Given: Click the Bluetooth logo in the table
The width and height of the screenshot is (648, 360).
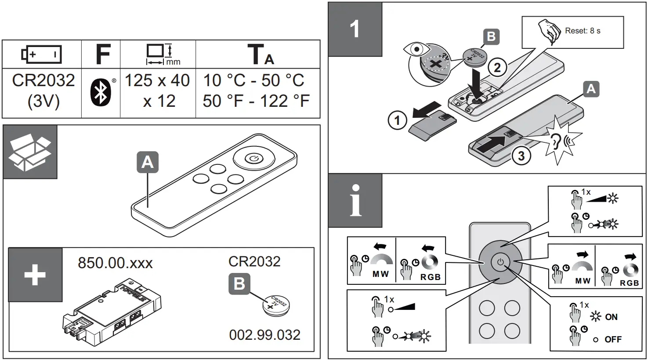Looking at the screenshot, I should [x=101, y=93].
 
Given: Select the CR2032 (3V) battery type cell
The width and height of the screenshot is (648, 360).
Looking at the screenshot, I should [x=43, y=91].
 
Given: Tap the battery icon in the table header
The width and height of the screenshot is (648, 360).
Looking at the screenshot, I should [x=42, y=55].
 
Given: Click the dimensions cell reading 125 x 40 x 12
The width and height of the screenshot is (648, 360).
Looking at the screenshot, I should [x=158, y=91].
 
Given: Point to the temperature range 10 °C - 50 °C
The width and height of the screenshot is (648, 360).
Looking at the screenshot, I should [x=253, y=80].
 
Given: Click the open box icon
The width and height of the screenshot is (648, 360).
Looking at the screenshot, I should [x=30, y=152].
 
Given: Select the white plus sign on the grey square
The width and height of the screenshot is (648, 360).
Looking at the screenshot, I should [x=35, y=275].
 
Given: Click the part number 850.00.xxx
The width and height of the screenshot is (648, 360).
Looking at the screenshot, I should [x=115, y=263].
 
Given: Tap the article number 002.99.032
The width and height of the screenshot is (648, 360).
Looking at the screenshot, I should [x=264, y=335].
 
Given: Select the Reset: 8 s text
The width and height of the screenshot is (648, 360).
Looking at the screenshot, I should [x=583, y=31].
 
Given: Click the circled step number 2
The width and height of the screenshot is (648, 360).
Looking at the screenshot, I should [x=497, y=67].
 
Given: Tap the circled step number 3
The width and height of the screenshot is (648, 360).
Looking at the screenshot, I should [x=521, y=156].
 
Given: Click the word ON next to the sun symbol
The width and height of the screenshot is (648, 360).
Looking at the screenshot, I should [x=611, y=317].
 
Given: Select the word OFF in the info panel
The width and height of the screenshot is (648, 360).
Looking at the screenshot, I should [x=613, y=339].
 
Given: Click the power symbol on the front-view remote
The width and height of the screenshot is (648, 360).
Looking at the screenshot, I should [x=500, y=263].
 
